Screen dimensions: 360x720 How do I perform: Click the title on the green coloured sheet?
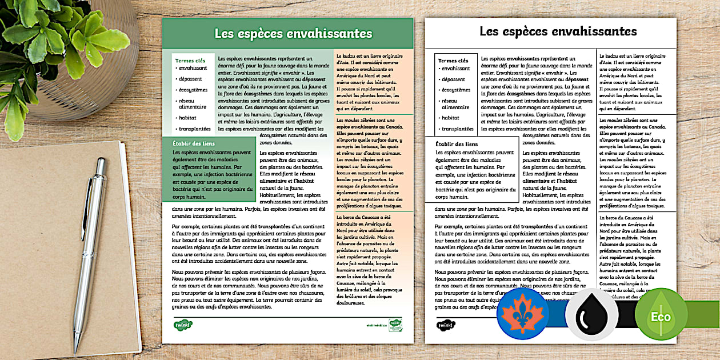pyautogui.click(x=293, y=34)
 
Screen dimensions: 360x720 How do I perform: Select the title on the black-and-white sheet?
pyautogui.click(x=558, y=31)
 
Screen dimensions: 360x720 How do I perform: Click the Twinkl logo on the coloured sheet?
pyautogui.click(x=183, y=325)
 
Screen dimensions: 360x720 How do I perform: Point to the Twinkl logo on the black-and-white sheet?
pyautogui.click(x=446, y=325)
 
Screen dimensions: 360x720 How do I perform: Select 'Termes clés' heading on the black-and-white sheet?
pyautogui.click(x=453, y=61)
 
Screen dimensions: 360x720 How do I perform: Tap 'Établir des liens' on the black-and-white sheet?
pyautogui.click(x=457, y=144)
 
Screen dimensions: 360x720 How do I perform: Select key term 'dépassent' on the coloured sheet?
pyautogui.click(x=190, y=79)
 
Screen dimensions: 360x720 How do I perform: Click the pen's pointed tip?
pyautogui.click(x=75, y=351)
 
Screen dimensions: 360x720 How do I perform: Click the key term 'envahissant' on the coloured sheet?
pyautogui.click(x=193, y=69)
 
